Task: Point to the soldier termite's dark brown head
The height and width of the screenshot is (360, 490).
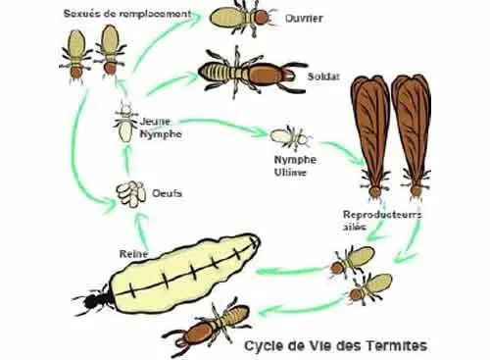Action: [x=270, y=72]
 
